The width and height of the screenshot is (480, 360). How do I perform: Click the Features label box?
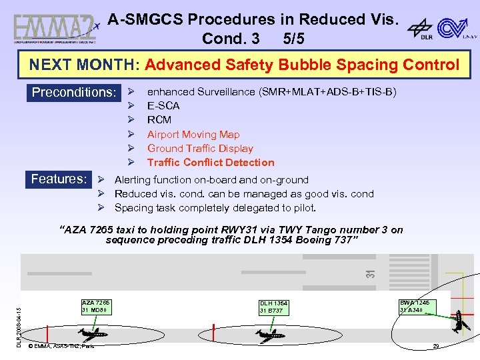pos(59,179)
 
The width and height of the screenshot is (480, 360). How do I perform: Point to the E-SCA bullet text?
pos(163,105)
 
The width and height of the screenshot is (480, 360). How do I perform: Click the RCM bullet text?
pos(159,120)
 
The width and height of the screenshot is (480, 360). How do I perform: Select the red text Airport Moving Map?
pos(193,134)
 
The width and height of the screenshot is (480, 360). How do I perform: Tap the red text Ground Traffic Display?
pos(200,149)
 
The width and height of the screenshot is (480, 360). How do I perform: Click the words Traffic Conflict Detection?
pos(211,163)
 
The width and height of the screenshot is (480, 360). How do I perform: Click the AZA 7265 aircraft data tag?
pos(95,307)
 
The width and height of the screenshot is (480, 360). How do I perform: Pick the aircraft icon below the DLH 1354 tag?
pos(270,335)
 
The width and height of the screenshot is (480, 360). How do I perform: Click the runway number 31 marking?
pos(371,272)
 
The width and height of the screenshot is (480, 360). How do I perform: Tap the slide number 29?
pos(436,346)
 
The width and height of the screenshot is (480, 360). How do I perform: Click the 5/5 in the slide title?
pos(293,39)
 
